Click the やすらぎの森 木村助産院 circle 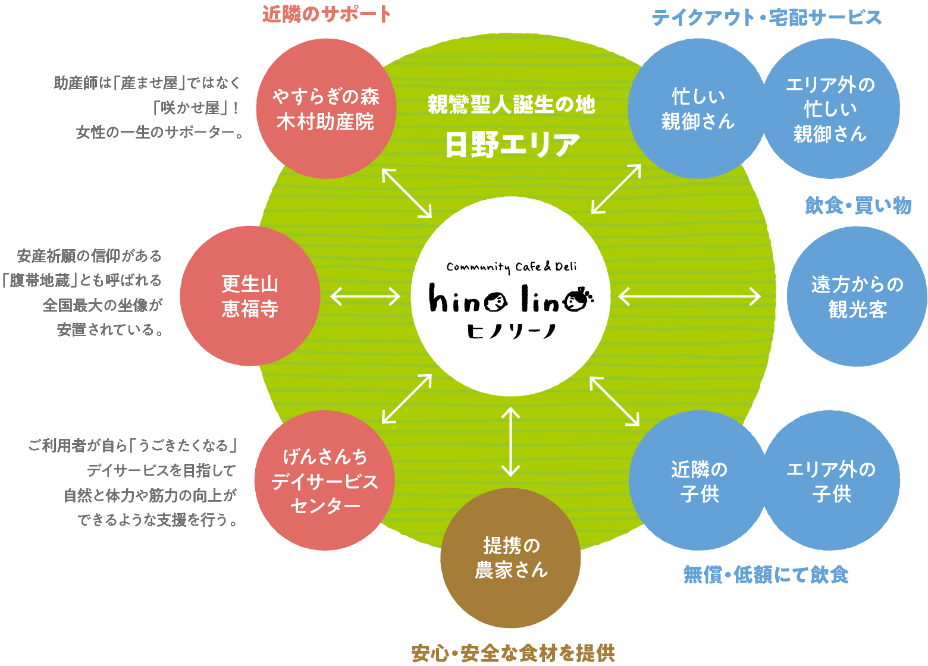coord(326,109)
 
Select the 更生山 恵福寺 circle coord(250,296)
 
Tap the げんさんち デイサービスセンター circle coord(324,480)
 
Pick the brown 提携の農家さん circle coord(510,558)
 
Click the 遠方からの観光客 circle coord(857,296)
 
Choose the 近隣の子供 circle coord(699,480)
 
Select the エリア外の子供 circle coord(831,480)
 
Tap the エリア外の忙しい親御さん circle coord(830,109)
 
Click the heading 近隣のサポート coord(327,14)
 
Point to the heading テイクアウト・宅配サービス coord(767,18)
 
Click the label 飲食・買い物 coord(858,206)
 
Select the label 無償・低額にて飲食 coord(766,574)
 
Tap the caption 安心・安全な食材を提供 coord(513,653)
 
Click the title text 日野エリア coord(512,144)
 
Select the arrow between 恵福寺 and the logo coord(365,296)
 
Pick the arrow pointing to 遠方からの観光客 coord(689,296)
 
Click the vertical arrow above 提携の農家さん coord(510,441)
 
